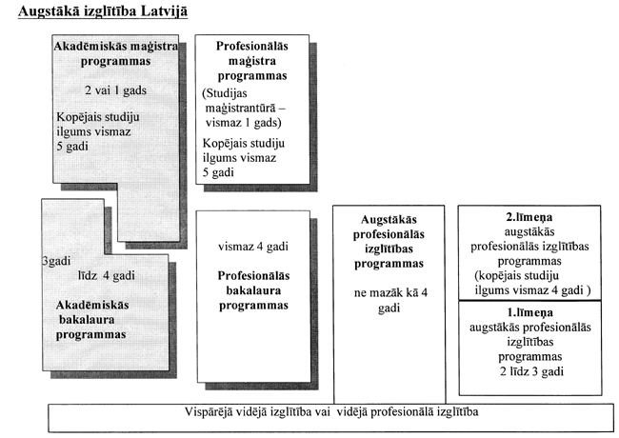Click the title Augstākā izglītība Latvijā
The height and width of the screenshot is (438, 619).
point(96,13)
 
